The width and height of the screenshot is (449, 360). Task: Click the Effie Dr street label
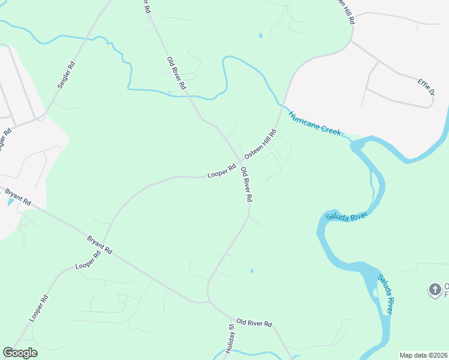click(x=426, y=87)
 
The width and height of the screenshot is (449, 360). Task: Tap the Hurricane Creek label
click(x=314, y=123)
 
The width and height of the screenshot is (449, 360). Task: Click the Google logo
click(x=20, y=353)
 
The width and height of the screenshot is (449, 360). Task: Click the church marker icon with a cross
click(x=435, y=290)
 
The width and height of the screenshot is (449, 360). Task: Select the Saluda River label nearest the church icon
click(x=386, y=294)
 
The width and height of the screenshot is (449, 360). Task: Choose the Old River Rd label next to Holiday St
click(x=254, y=323)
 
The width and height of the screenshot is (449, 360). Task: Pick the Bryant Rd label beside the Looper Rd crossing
click(x=100, y=245)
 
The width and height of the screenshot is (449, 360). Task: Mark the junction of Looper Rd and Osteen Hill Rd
click(x=241, y=162)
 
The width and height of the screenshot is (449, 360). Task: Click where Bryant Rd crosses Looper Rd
click(x=95, y=242)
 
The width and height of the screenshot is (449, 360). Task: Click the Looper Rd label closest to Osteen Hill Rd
click(x=221, y=171)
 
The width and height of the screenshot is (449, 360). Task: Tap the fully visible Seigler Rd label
click(x=67, y=75)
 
